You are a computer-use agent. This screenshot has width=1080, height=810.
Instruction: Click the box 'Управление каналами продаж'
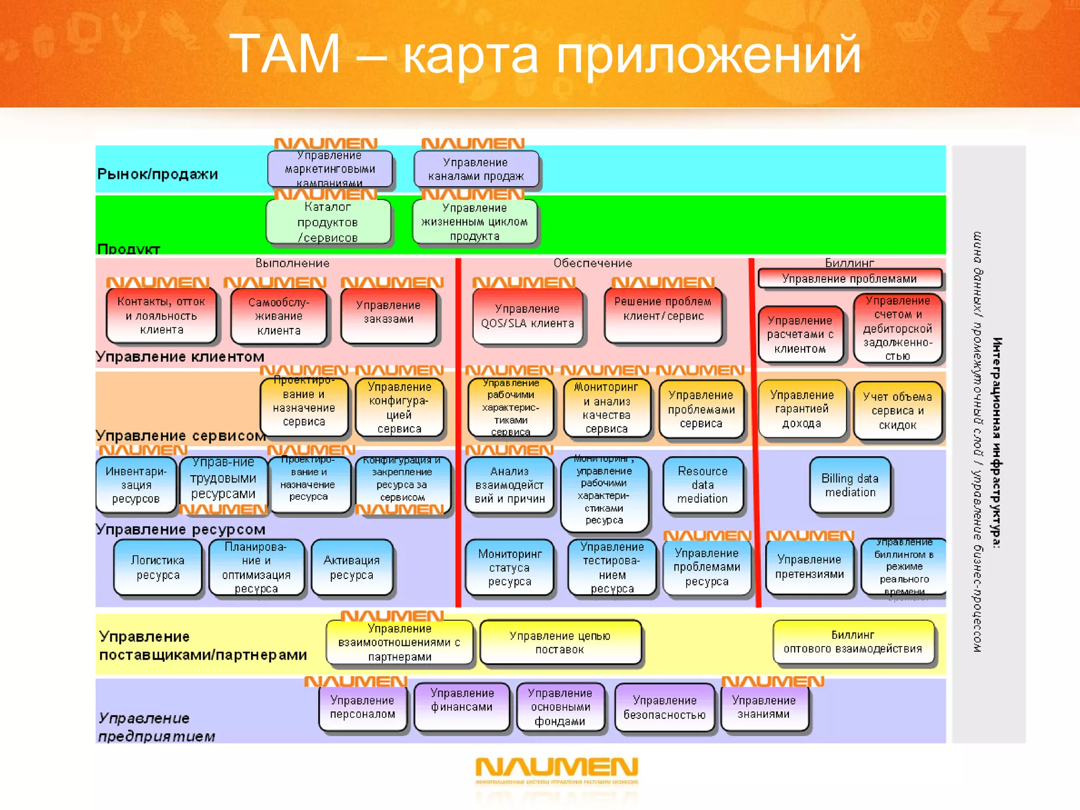pos(476,169)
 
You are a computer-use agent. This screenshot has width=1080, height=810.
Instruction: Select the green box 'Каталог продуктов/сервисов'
pos(328,222)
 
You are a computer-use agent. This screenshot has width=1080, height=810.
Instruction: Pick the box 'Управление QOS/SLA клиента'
pos(527,316)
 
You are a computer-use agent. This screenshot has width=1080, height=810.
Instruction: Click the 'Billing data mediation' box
pos(850,485)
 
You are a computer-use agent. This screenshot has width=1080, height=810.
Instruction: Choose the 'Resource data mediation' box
pos(702,485)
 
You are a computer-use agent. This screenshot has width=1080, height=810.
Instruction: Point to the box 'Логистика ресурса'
pos(158,567)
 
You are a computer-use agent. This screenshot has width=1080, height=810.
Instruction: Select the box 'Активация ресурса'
pos(352,567)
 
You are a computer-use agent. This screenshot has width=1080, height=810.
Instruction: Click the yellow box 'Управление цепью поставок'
pos(560,642)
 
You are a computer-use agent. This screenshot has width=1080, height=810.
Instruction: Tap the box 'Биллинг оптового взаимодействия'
pos(853,642)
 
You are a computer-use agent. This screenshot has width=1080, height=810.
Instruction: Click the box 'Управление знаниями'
pos(764,707)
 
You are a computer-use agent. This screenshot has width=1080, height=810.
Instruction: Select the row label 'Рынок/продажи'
pos(157,174)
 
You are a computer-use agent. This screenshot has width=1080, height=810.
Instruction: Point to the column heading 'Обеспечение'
pos(592,263)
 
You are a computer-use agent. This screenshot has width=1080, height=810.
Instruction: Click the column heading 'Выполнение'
pos(293,263)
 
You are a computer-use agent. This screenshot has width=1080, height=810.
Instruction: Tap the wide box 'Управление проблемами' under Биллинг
pos(849,278)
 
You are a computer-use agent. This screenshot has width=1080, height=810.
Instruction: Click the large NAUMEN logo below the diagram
pos(557,769)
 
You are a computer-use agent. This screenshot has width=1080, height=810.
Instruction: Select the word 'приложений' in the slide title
pos(708,54)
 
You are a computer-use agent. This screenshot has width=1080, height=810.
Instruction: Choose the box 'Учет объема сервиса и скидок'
pos(897,411)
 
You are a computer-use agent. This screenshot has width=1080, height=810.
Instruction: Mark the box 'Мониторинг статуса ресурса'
pos(509,567)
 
